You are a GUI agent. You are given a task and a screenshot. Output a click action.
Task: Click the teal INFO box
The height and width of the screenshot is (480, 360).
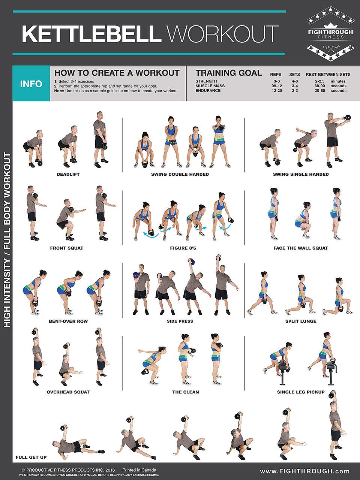[x=31, y=84]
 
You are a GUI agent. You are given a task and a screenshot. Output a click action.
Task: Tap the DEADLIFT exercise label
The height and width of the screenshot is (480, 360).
[x=68, y=174]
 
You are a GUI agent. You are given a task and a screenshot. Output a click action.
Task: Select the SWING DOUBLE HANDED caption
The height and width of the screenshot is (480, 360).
[x=180, y=174]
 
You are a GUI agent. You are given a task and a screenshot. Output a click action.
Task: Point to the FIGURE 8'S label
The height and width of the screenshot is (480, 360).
[x=183, y=248]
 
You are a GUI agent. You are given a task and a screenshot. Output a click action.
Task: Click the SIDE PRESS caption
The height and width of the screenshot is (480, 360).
[x=180, y=321]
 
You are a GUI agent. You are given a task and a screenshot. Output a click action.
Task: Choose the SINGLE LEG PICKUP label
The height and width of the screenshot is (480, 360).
[x=301, y=392]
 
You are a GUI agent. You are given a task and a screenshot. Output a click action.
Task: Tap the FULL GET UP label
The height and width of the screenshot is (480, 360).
[x=31, y=457]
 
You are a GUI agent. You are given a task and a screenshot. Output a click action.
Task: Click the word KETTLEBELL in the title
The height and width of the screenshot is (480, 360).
[x=92, y=34]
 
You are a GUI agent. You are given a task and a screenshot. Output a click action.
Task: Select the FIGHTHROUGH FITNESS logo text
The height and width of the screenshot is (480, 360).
[x=330, y=34]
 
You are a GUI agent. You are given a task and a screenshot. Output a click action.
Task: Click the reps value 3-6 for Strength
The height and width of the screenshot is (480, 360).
[x=277, y=81]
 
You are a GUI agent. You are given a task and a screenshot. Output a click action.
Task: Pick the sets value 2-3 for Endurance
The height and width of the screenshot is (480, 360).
[x=295, y=91]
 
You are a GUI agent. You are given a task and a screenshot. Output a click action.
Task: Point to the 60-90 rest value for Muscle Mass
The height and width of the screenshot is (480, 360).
[x=320, y=86]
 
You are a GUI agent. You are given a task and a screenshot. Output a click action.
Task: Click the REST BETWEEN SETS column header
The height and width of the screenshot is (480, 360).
[x=328, y=75]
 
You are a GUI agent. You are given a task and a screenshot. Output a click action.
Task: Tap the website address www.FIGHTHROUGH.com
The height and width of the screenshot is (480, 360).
[x=304, y=471]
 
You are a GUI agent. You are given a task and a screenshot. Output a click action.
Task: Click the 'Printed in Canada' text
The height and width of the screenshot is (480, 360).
[x=139, y=470]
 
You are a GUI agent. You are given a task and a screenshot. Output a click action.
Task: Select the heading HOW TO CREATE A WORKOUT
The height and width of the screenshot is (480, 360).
[x=117, y=73]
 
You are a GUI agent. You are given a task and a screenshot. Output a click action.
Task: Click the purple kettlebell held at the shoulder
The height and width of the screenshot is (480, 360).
[x=136, y=275]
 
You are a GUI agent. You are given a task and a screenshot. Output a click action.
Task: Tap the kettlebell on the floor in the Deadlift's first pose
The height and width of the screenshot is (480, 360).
[x=40, y=163]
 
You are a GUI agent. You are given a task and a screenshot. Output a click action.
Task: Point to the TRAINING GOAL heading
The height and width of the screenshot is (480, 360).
[x=228, y=73]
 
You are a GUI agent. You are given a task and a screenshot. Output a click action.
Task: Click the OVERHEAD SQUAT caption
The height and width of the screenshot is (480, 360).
[x=68, y=392]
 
